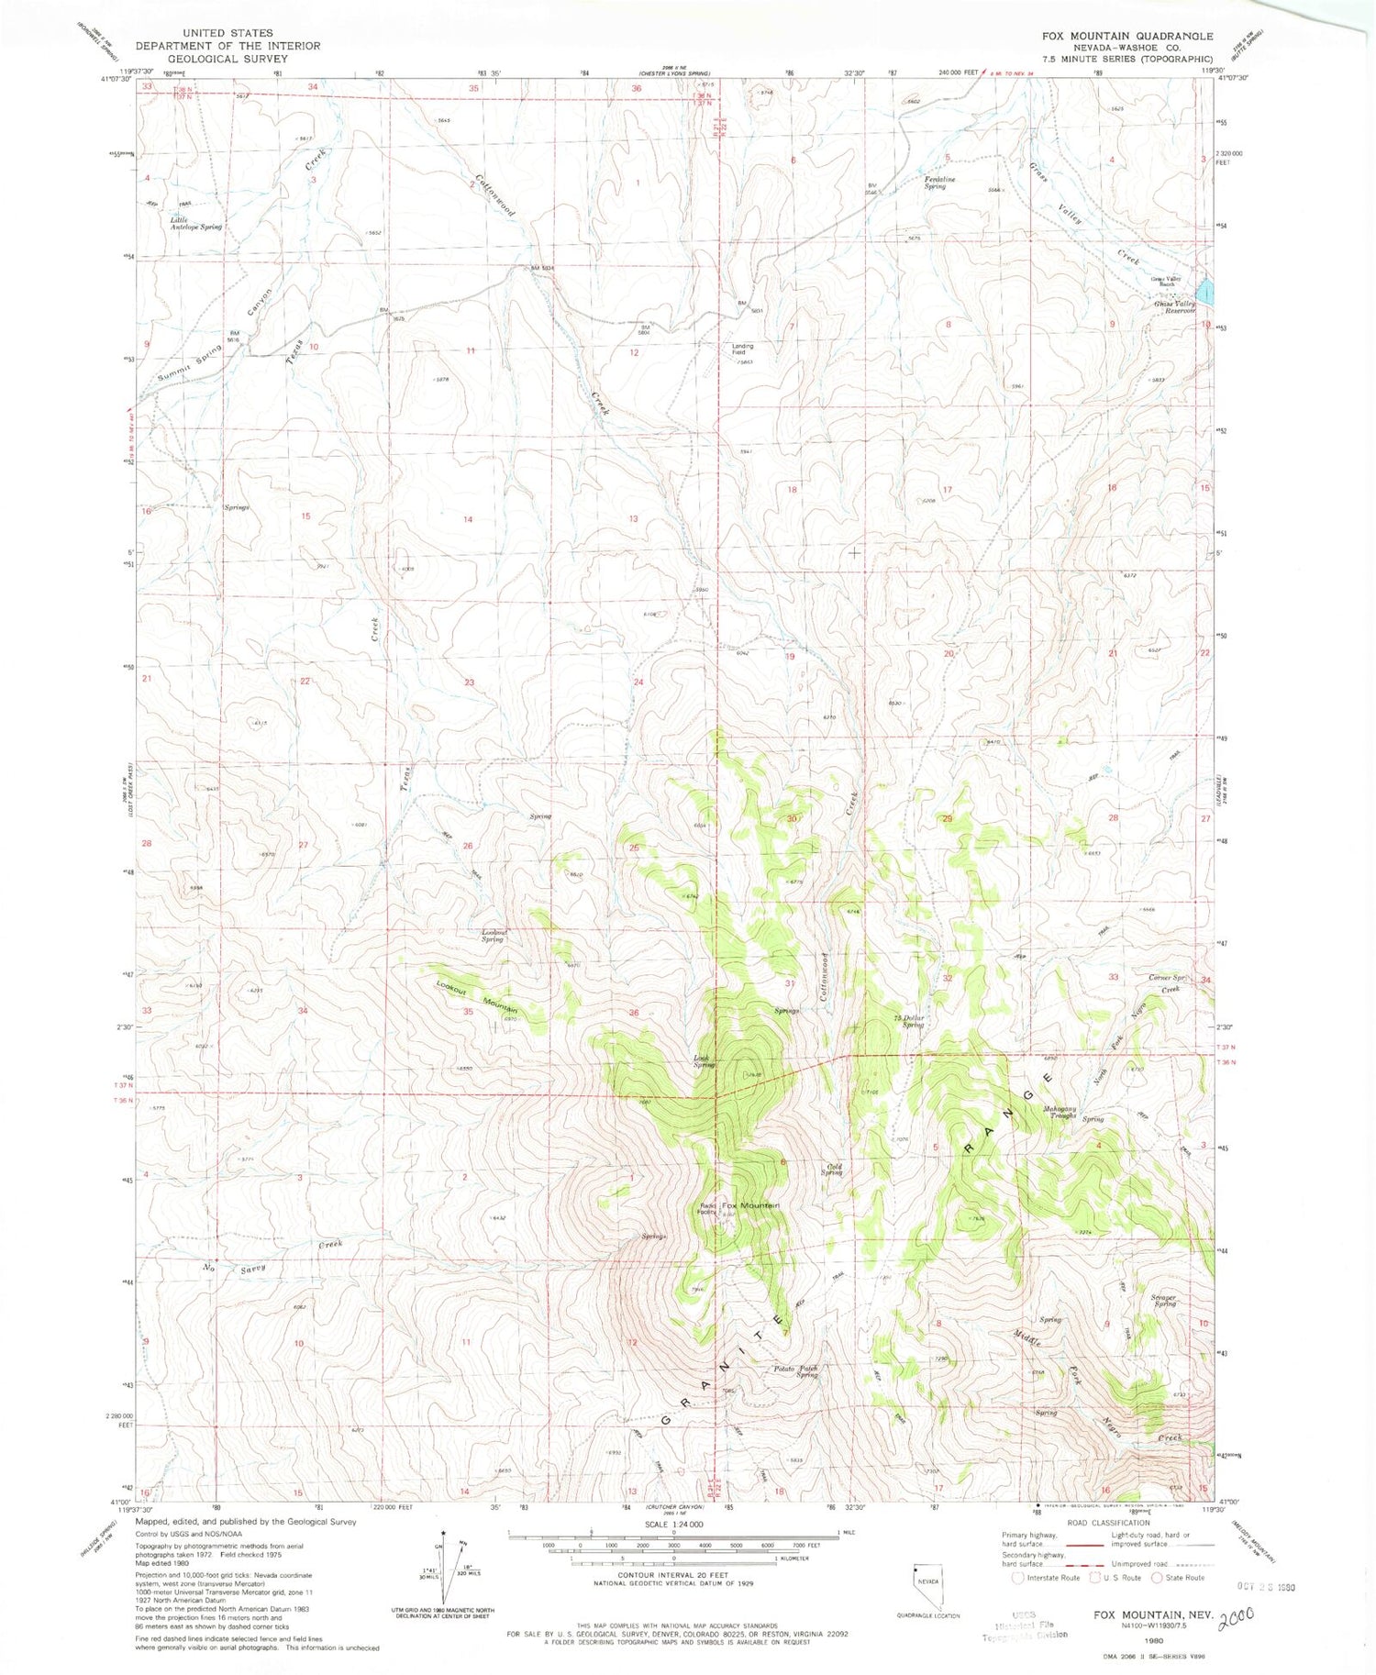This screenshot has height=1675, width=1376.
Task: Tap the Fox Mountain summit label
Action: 749,1205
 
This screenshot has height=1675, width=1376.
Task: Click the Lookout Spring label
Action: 494,936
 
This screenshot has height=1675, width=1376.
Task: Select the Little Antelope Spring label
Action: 195,223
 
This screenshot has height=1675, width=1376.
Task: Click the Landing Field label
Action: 742,349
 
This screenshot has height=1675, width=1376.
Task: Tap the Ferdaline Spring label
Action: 935,183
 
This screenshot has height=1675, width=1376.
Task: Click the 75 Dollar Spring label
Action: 908,1021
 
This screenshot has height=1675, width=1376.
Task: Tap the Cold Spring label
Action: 831,1170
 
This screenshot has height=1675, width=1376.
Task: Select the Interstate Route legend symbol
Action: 1017,1578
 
